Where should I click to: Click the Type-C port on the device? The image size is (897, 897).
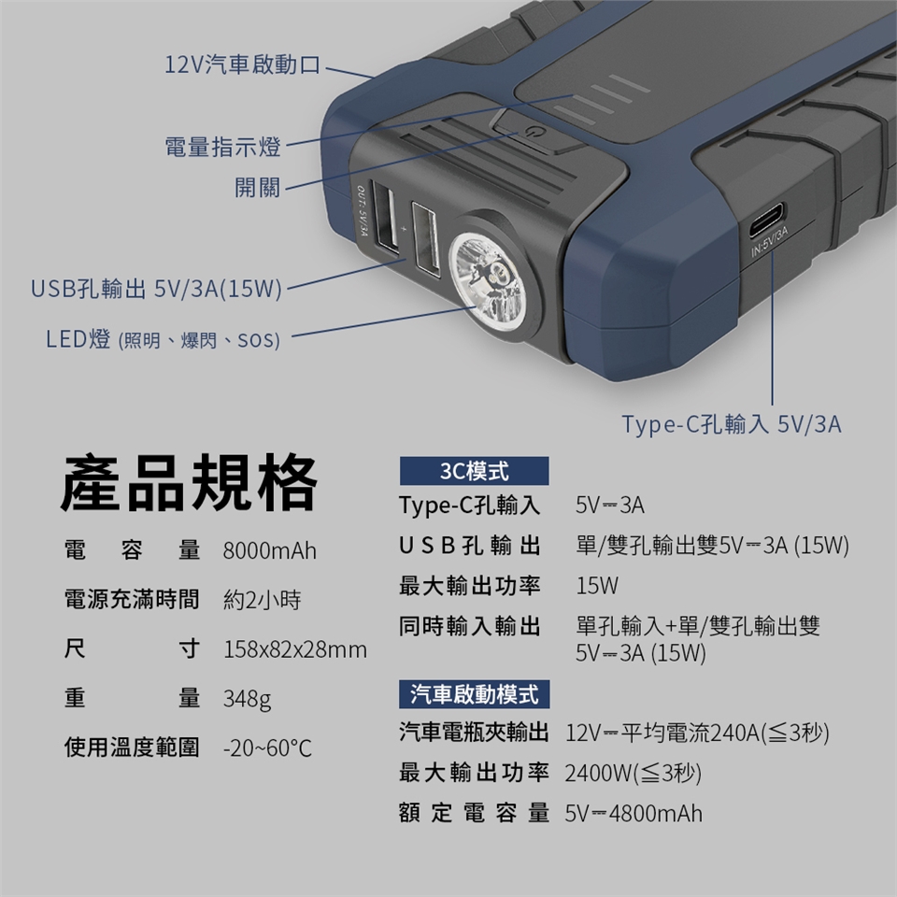tap(766, 220)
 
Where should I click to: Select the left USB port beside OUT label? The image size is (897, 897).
tap(386, 217)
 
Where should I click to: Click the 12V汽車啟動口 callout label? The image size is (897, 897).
tap(243, 64)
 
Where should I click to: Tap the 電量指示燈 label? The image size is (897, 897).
tap(223, 147)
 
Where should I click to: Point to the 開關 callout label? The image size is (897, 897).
tap(258, 187)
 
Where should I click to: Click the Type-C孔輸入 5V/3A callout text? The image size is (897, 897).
tap(732, 424)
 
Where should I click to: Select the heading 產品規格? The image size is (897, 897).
tap(189, 481)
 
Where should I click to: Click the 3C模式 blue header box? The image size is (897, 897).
tap(475, 471)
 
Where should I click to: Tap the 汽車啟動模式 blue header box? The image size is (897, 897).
tap(475, 694)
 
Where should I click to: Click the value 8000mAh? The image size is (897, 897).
tap(269, 551)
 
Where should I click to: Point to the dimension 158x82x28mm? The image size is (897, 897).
tap(295, 649)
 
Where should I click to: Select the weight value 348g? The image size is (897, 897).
tap(247, 699)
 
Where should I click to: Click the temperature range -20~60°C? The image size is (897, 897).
tap(268, 747)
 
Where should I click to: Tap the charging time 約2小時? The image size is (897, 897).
tap(262, 600)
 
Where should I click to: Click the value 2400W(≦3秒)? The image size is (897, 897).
tap(634, 773)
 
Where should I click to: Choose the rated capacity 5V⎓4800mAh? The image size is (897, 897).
tap(634, 813)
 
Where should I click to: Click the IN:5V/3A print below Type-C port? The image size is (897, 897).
tap(770, 240)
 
